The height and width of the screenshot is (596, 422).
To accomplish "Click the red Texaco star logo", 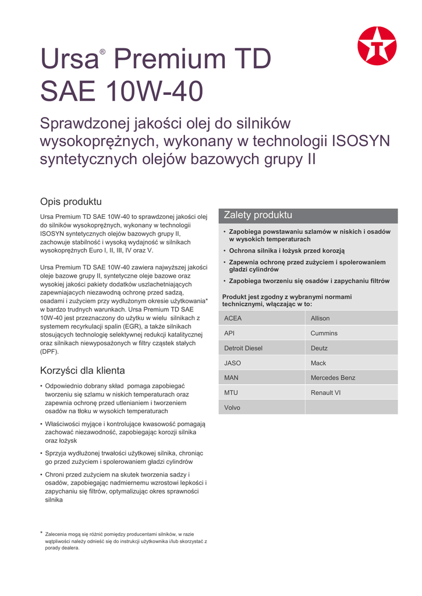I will (377, 46).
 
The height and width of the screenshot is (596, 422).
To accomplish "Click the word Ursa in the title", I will (68, 60).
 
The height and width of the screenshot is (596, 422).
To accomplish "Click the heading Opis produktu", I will (70, 202).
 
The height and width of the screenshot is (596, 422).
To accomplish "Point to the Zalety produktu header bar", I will (307, 215).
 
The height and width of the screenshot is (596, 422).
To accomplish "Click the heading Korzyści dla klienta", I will (82, 371).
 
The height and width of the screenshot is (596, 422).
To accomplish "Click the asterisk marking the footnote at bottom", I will (41, 533).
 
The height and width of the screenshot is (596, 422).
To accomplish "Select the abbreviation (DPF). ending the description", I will (49, 352).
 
